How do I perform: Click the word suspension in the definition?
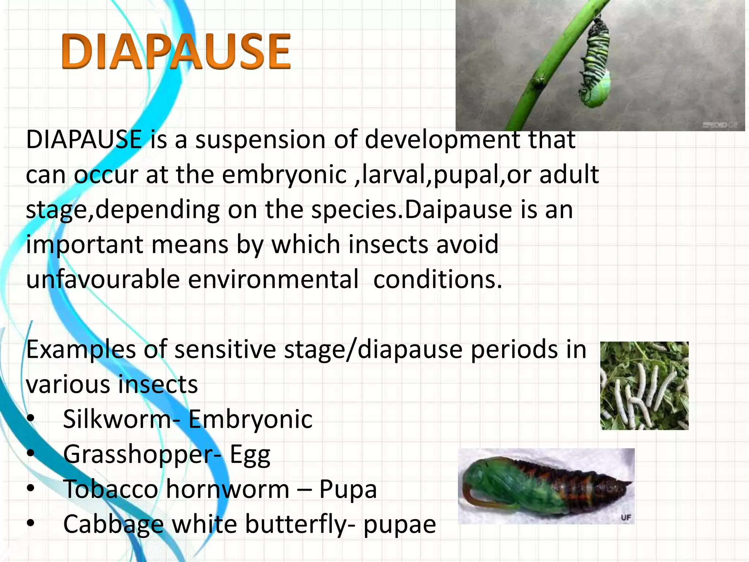click(x=260, y=140)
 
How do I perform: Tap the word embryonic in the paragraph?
click(x=284, y=175)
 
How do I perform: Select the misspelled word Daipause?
click(x=458, y=210)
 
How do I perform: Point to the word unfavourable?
click(x=103, y=280)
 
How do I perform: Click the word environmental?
click(x=273, y=280)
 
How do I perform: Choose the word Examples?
click(x=81, y=349)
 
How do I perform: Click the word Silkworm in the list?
click(x=117, y=419)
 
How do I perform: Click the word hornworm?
click(x=227, y=489)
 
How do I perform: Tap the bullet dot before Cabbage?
click(x=31, y=524)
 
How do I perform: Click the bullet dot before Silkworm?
click(x=31, y=418)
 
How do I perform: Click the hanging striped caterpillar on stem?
click(x=594, y=62)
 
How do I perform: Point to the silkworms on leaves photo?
click(x=644, y=386)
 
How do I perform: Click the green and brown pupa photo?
click(x=546, y=486)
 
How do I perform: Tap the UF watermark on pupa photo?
click(x=626, y=518)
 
